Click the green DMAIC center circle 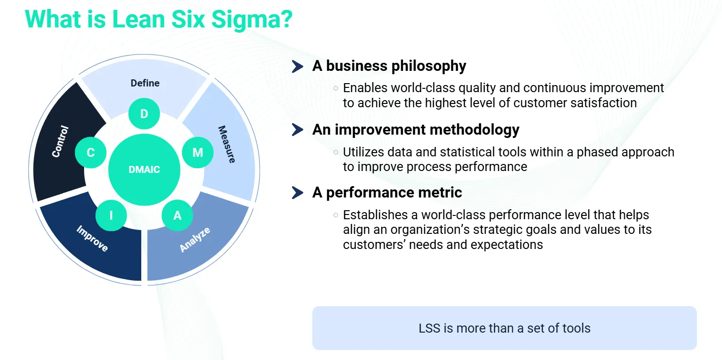pos(144,170)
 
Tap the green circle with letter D pos(144,114)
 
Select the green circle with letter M pos(198,152)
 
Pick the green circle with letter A pos(177,215)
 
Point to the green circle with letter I pos(111,215)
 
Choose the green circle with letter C pos(91,152)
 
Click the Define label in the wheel pos(145,83)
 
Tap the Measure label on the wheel pos(226,144)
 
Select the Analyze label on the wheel pos(195,240)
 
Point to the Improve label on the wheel pos(93,239)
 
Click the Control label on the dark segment pos(60,141)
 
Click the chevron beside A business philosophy pos(297,67)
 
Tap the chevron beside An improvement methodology pos(297,129)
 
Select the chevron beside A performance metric pos(297,192)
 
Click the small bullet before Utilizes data pos(335,152)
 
